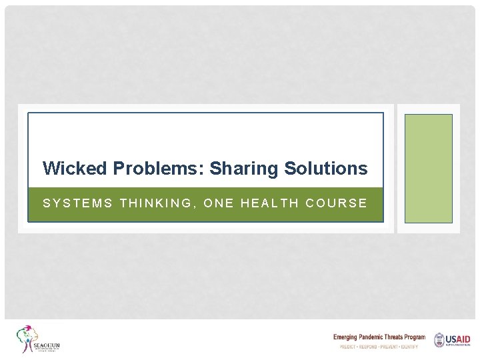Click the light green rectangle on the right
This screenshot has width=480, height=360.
click(429, 168)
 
